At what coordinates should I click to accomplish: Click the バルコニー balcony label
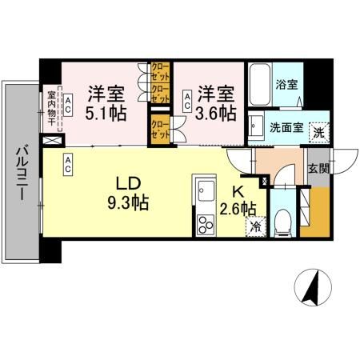pos(22,173)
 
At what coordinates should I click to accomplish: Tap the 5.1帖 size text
pos(104,113)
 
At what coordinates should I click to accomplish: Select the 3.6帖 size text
pos(218,113)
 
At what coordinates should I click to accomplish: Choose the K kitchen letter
pos(238,192)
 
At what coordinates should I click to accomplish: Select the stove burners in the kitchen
pos(204,222)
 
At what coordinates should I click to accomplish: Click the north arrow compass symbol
pos(313,287)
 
